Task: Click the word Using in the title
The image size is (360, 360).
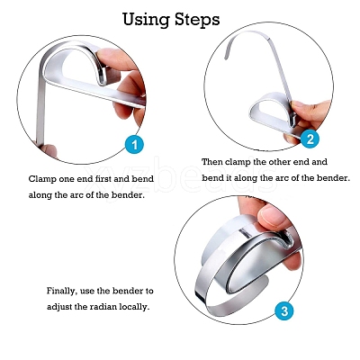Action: tap(146, 20)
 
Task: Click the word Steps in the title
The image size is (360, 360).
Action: tap(197, 19)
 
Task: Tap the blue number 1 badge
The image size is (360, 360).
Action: tap(135, 145)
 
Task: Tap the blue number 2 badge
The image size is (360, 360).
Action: tap(310, 139)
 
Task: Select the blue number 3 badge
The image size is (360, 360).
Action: tap(284, 310)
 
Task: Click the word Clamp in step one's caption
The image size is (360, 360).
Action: tap(40, 179)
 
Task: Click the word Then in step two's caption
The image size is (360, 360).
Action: tap(212, 162)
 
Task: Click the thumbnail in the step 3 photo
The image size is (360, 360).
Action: tap(273, 217)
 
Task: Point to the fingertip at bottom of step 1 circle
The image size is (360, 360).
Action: tap(49, 151)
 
